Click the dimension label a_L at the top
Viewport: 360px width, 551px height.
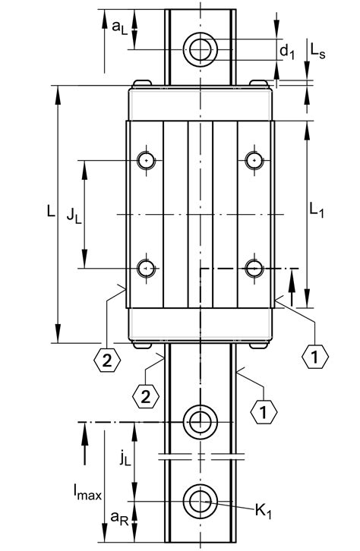tap(119, 27)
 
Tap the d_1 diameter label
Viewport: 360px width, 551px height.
tap(286, 51)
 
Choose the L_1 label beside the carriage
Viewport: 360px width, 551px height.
tap(317, 213)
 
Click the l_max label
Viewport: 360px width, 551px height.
tap(89, 496)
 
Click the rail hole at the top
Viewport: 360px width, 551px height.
tap(201, 50)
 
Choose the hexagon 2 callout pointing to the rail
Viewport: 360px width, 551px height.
tap(145, 395)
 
